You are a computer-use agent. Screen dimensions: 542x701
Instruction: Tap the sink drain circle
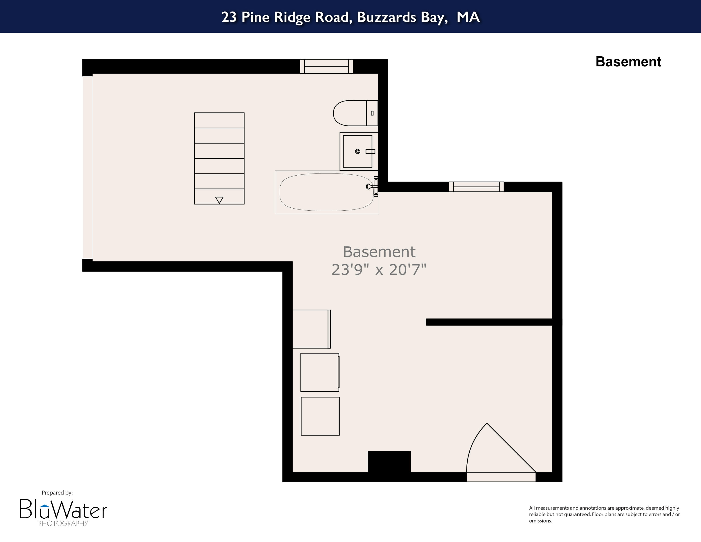358,152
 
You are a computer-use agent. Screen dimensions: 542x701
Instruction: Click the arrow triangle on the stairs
219,200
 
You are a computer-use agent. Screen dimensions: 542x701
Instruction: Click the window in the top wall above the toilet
326,66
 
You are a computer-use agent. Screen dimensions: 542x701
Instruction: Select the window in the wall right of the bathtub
476,187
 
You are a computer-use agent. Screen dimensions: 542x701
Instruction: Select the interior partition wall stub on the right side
489,322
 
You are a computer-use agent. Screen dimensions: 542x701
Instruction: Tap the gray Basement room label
379,252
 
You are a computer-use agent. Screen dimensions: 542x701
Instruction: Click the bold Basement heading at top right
628,62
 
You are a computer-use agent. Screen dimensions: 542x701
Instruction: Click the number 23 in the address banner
229,17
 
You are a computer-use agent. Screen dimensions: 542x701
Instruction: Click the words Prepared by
57,493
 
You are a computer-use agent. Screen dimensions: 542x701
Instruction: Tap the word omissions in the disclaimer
540,521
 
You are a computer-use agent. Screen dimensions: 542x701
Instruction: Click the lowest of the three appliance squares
320,416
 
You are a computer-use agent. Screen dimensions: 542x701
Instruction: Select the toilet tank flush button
372,113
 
